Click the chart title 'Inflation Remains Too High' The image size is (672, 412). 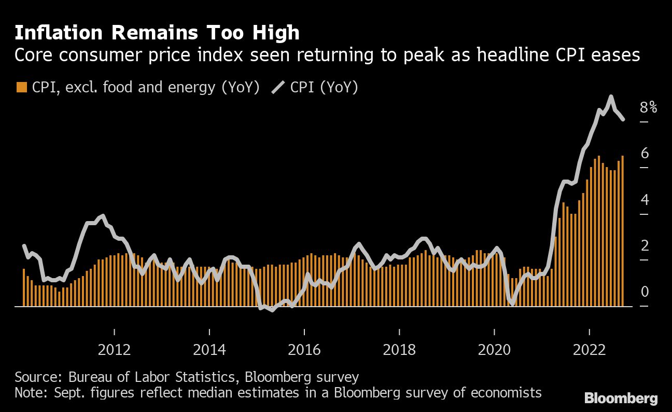(157, 33)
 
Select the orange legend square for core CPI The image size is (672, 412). (21, 87)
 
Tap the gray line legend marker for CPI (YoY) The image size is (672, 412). (278, 87)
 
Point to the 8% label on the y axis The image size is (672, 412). (649, 107)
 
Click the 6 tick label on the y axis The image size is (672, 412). (645, 153)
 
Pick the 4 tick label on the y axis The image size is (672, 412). (645, 199)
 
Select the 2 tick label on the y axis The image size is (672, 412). (645, 245)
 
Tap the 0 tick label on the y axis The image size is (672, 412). (645, 292)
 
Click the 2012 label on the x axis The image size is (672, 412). (114, 350)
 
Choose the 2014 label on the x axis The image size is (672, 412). (209, 350)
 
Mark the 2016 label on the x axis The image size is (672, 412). (304, 350)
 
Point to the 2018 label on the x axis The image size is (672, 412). (399, 350)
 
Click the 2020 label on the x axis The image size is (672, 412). (494, 350)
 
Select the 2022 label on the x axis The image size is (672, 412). (590, 350)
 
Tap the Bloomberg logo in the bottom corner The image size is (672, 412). (621, 399)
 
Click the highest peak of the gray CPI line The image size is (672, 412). (611, 97)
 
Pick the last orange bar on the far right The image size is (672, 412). (622, 231)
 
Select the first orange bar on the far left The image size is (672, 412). (24, 287)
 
